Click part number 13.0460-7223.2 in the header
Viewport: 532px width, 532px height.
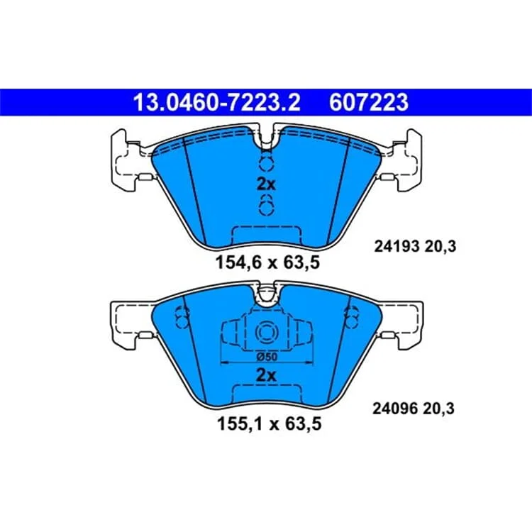click(x=217, y=102)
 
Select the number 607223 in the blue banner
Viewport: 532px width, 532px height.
click(x=368, y=102)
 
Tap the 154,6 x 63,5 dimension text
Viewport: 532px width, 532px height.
click(x=267, y=262)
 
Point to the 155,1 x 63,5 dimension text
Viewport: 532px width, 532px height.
click(x=269, y=423)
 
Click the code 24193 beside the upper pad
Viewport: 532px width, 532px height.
click(x=397, y=246)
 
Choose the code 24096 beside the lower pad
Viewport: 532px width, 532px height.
click(x=395, y=409)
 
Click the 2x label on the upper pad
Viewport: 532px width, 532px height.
click(x=266, y=184)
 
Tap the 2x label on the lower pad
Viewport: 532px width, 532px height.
click(x=266, y=375)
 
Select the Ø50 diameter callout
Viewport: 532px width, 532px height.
click(x=267, y=357)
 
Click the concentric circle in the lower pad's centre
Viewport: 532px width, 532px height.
click(x=266, y=331)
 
